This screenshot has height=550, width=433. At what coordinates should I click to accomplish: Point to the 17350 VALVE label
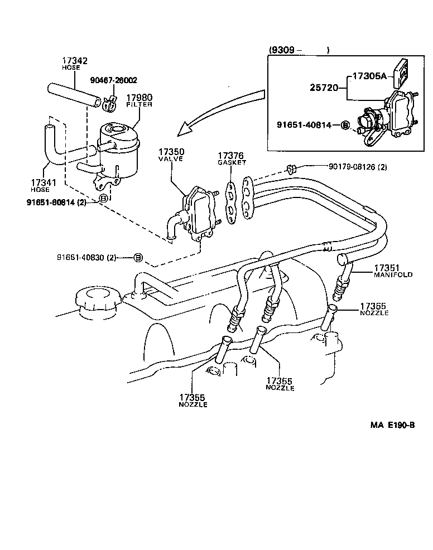171,155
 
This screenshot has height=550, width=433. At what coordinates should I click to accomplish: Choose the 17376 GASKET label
232,158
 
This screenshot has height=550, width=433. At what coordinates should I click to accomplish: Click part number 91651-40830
86,257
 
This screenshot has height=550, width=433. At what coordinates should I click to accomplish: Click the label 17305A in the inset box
369,76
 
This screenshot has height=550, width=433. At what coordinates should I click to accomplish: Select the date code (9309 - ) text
299,50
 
